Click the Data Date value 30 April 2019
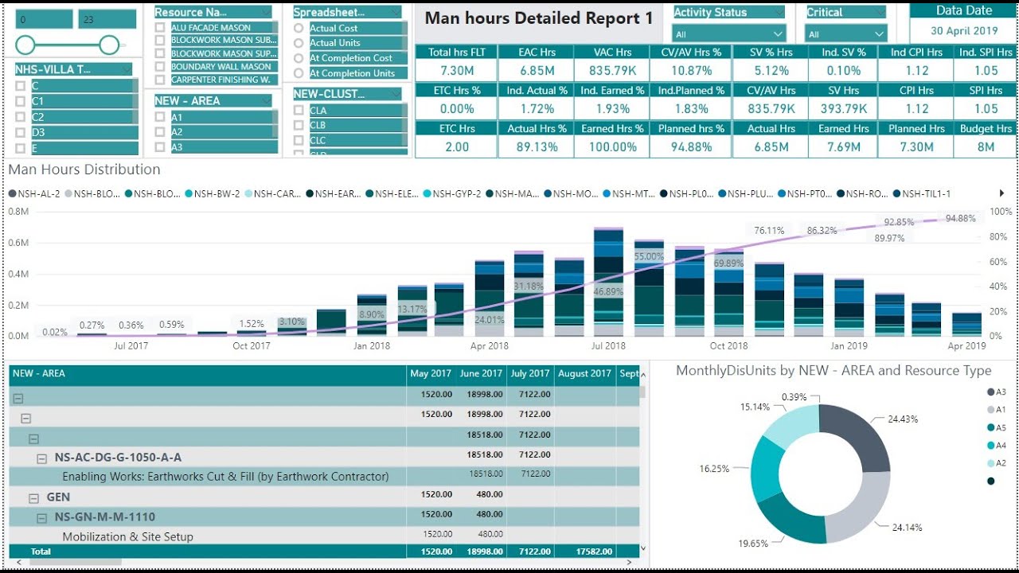pyautogui.click(x=964, y=31)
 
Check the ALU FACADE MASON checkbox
pyautogui.click(x=161, y=28)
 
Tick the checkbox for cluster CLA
pyautogui.click(x=299, y=111)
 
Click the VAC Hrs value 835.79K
pyautogui.click(x=612, y=71)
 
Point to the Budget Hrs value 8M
pyautogui.click(x=986, y=147)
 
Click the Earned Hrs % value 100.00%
pyautogui.click(x=612, y=147)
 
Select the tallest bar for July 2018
pyautogui.click(x=608, y=279)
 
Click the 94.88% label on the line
pyautogui.click(x=961, y=219)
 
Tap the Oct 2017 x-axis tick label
pyautogui.click(x=252, y=346)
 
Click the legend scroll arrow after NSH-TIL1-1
pyautogui.click(x=1001, y=193)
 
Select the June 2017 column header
pyautogui.click(x=481, y=373)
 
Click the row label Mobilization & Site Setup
pyautogui.click(x=127, y=536)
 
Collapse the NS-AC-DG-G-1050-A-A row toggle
pyautogui.click(x=42, y=458)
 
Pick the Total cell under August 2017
pyautogui.click(x=584, y=552)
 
